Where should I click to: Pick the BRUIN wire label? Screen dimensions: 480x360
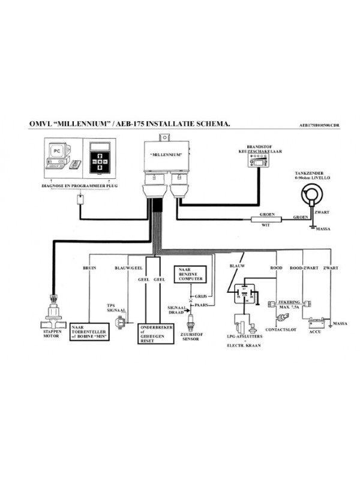(x=89, y=268)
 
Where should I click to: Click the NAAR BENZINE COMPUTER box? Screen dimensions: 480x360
(x=190, y=275)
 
